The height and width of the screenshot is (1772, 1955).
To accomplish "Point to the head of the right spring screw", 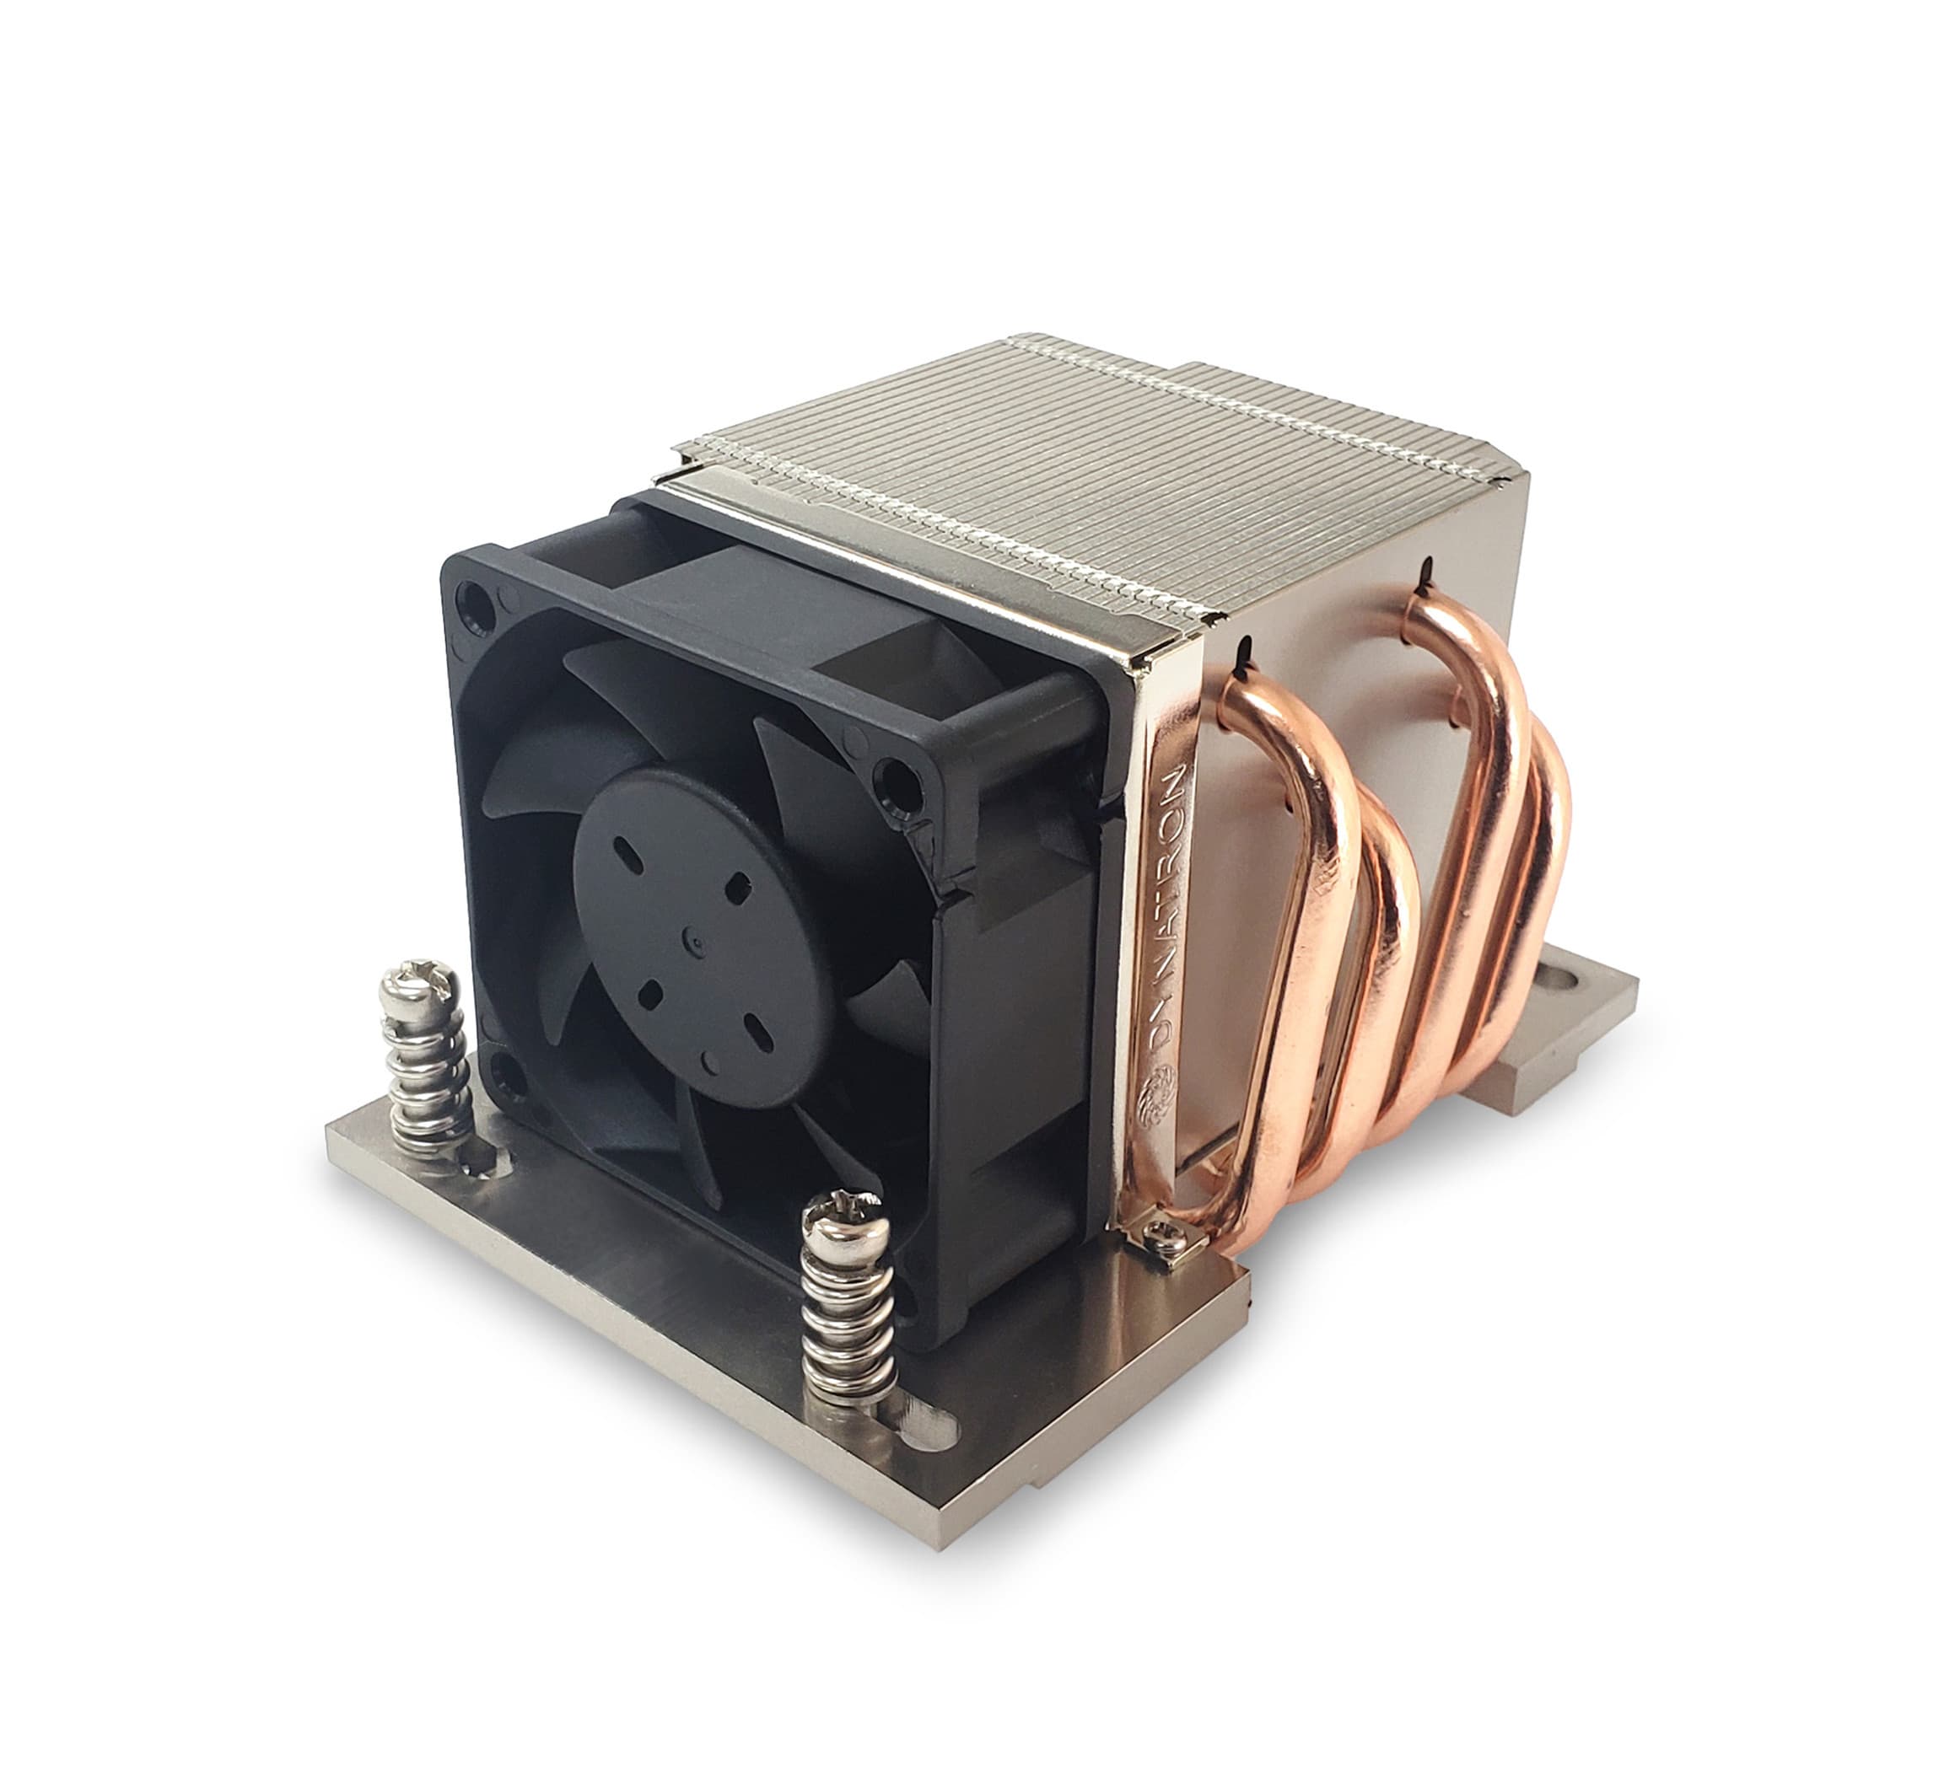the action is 846,1221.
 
